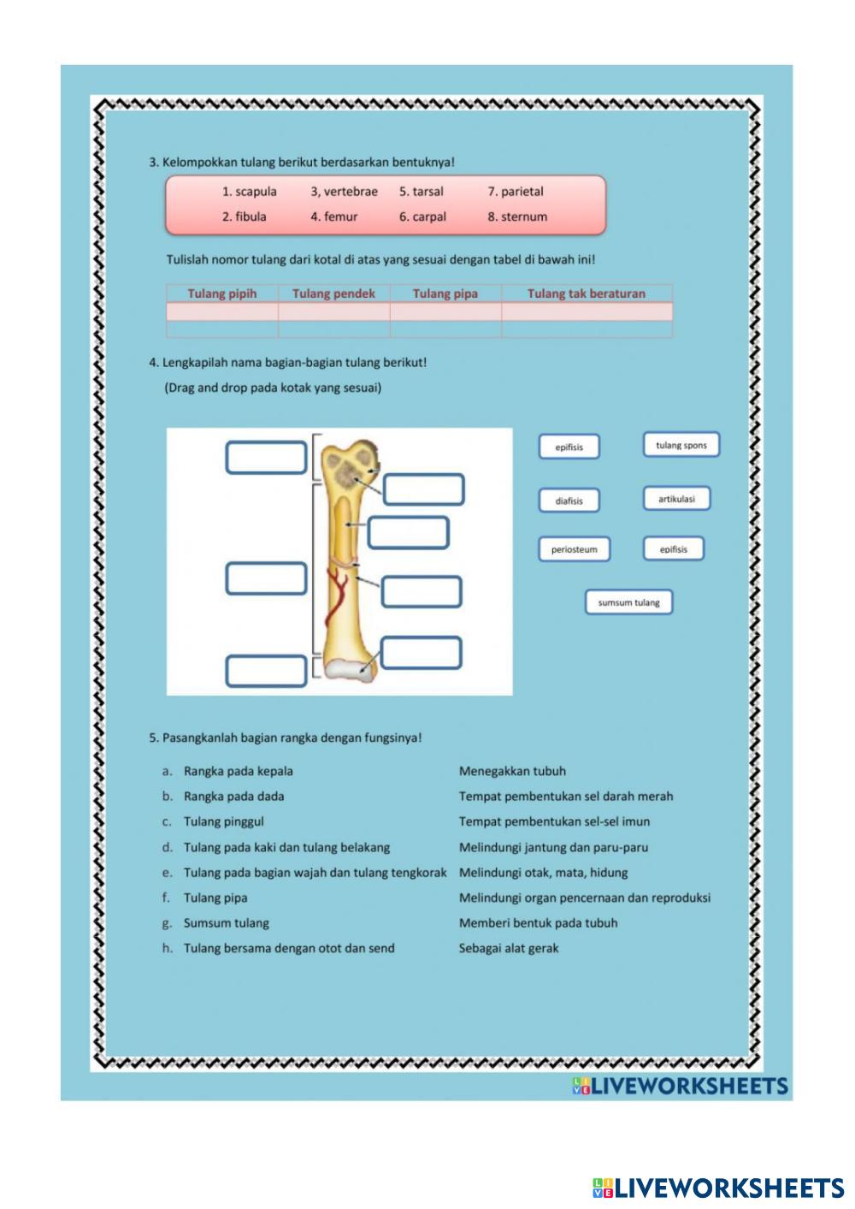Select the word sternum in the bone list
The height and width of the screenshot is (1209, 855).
[523, 216]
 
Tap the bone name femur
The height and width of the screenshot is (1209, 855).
[340, 216]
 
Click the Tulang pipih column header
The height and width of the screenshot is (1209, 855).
[222, 293]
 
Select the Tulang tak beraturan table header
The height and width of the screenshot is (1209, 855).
[587, 293]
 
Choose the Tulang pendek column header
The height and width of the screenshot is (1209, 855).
[333, 293]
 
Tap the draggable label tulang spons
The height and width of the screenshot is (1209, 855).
[681, 445]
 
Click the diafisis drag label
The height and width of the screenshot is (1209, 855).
[569, 501]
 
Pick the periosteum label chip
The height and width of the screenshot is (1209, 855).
[575, 549]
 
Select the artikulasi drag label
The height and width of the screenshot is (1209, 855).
[676, 499]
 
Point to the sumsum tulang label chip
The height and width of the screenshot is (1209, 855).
[628, 602]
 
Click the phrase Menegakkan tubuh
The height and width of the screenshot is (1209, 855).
[512, 771]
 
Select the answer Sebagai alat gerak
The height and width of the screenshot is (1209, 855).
[509, 948]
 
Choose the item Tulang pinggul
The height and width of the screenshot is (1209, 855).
[223, 821]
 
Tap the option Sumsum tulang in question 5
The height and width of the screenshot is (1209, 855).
[226, 923]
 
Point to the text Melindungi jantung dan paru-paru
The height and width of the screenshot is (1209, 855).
[553, 847]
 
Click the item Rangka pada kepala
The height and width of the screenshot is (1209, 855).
[238, 771]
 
